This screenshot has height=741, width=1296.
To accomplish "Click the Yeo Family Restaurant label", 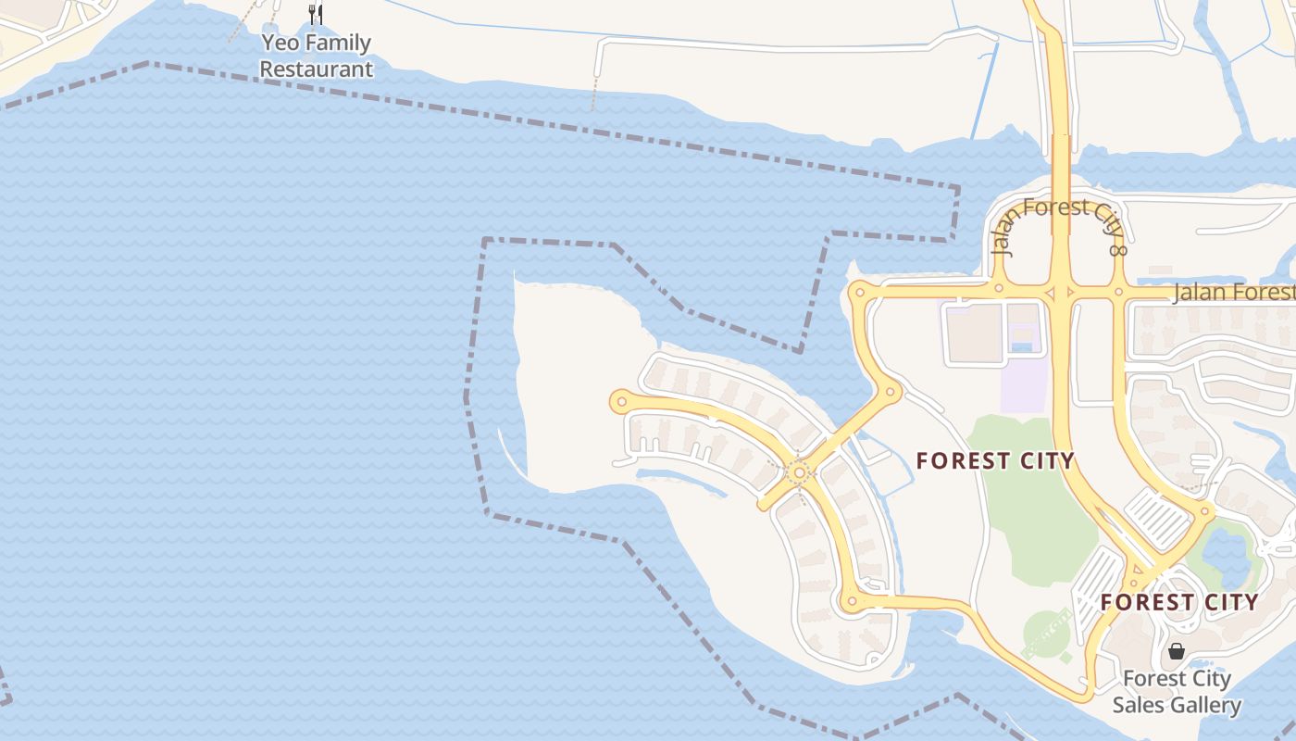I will (x=316, y=56).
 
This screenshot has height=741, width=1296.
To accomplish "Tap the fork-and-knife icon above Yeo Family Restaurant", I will (x=316, y=14).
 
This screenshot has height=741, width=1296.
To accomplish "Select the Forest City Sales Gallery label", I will (x=1177, y=692).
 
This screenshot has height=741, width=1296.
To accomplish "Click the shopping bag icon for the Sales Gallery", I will (x=1176, y=651).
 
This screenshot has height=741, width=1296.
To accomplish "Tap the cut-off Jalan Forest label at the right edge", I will (x=1233, y=293).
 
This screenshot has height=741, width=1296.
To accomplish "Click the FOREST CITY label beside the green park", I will (x=995, y=460).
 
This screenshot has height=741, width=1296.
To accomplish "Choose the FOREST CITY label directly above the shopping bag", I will (x=1179, y=602).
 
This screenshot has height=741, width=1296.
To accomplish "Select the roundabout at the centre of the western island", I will (x=799, y=472).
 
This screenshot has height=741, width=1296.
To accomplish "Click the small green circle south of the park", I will (x=1046, y=634).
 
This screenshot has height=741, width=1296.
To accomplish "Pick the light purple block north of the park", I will (x=1025, y=383).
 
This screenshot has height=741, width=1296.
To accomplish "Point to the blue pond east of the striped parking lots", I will (x=1227, y=551).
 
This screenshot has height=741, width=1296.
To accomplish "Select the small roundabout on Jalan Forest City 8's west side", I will (x=998, y=288).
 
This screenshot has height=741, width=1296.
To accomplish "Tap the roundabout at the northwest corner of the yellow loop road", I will (x=860, y=293).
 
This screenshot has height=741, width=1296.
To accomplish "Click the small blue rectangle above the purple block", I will (x=1021, y=347).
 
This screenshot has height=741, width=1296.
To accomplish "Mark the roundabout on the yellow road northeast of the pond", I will (x=1205, y=510).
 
